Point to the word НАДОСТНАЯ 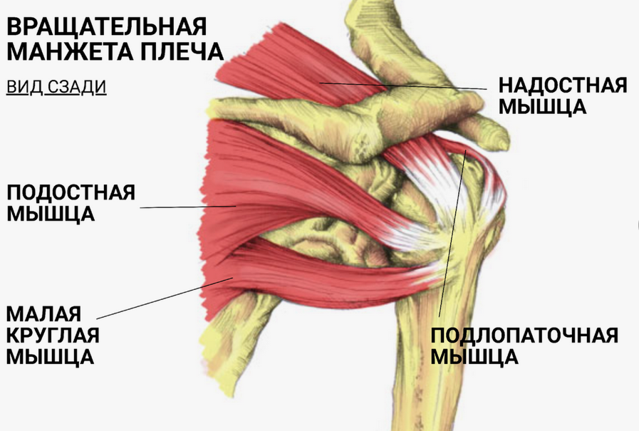(563, 85)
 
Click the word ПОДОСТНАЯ (71, 192)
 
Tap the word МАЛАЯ (43, 313)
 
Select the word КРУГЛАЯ (53, 335)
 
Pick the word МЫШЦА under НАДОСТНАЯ (543, 107)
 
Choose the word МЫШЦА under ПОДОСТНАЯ (51, 214)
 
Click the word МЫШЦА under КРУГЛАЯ (51, 356)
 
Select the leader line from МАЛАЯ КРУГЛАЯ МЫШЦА (164, 298)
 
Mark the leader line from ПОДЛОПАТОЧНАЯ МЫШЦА (453, 235)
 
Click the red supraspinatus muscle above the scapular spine (285, 68)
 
